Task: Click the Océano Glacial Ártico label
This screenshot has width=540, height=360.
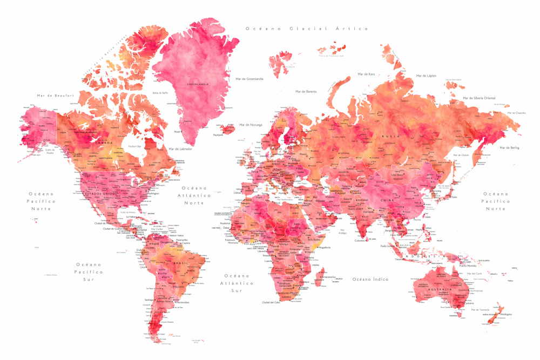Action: coord(306,29)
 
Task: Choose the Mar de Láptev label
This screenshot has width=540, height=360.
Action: coord(424,76)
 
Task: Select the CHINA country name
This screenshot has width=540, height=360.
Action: coord(388,200)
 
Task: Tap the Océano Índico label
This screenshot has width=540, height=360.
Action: coord(370,279)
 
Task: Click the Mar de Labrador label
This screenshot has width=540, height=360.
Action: coord(180,148)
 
